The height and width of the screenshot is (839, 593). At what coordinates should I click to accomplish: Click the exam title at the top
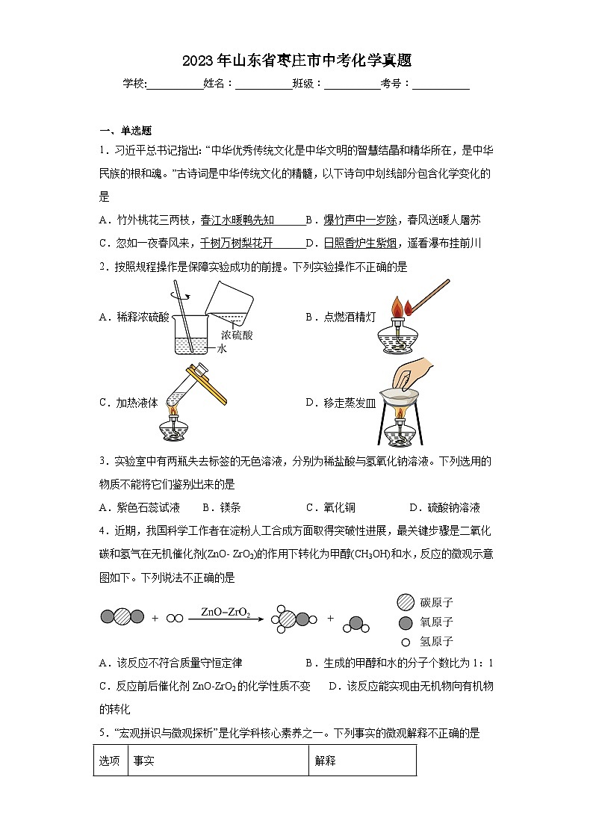296,61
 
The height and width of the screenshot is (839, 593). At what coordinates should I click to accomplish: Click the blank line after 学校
176,84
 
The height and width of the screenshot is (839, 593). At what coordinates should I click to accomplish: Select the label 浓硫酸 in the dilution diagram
237,335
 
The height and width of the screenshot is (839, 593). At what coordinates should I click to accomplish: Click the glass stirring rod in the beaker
183,314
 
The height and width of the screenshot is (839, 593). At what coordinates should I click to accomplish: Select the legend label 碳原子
437,602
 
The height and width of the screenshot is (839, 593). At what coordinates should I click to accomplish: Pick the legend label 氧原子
437,622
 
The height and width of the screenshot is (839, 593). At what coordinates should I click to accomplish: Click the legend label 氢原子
437,641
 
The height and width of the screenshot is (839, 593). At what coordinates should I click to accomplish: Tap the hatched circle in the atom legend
406,602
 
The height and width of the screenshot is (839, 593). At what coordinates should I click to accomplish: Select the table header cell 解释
326,761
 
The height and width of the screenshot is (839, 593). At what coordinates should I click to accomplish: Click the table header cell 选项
110,761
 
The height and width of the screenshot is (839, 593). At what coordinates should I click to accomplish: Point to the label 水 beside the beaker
221,348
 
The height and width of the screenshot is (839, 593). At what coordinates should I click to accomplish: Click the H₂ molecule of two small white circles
175,618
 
